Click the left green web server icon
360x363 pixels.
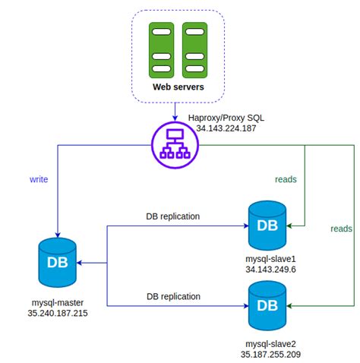pos(162,49)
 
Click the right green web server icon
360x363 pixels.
pos(195,49)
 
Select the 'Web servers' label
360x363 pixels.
pos(178,88)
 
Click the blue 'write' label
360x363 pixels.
pos(39,180)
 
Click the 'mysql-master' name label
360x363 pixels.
pos(58,301)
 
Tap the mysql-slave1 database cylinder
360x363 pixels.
pos(267,225)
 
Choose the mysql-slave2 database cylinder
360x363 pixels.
pos(267,305)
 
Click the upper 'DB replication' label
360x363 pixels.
pos(172,216)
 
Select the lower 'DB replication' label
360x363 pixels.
pos(172,296)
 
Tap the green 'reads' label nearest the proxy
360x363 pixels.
pos(286,180)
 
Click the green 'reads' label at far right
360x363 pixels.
pos(342,228)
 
